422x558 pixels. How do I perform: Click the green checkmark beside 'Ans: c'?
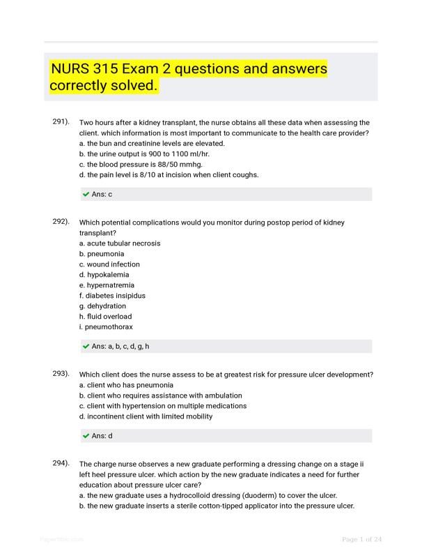(x=86, y=195)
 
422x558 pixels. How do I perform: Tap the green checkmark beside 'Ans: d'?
(x=86, y=436)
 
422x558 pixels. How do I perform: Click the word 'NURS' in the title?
(x=73, y=70)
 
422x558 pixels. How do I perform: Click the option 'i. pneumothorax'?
(x=106, y=326)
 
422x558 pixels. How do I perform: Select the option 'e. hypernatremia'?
(x=107, y=285)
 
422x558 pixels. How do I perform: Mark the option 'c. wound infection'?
(x=109, y=264)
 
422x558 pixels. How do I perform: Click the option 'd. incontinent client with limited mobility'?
(x=146, y=416)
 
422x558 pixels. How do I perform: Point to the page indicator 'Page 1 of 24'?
(x=361, y=539)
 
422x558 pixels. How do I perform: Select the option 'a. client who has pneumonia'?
(x=126, y=385)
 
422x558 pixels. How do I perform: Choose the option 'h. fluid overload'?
(x=105, y=317)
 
